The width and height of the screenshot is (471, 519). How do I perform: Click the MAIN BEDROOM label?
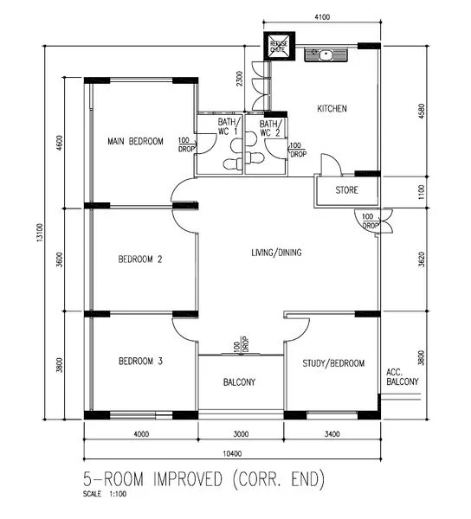point(134,141)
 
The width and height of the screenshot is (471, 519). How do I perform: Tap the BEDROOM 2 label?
point(140,259)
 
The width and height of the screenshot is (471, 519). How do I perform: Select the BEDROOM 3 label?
point(140,362)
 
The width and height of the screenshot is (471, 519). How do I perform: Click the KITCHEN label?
point(332,109)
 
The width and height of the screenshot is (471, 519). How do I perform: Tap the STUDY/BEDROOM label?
point(333,363)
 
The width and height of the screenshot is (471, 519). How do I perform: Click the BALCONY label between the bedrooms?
point(240,381)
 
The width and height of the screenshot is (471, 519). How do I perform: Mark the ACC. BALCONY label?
point(402,376)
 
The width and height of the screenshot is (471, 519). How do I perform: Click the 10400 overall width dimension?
point(232,454)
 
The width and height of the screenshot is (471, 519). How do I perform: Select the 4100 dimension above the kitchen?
point(321,16)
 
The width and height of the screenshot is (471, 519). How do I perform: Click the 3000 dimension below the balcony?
point(240,434)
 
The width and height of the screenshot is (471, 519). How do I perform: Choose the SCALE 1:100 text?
point(102,494)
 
